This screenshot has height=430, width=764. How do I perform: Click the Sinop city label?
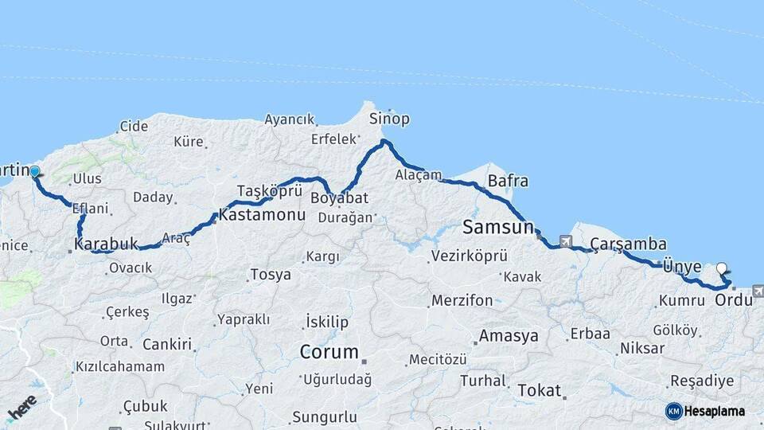[x=389, y=119]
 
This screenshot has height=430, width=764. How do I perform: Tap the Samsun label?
[x=498, y=227]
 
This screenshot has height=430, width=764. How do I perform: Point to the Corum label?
[x=329, y=351]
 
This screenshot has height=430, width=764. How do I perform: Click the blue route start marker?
[x=35, y=170]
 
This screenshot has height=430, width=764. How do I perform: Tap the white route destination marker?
[x=721, y=268]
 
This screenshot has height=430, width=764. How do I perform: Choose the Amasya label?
[x=509, y=336]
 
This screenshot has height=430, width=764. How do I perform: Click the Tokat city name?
[x=540, y=391]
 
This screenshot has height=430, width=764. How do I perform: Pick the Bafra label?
[x=508, y=181]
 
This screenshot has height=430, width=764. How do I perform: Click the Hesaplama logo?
[x=705, y=411]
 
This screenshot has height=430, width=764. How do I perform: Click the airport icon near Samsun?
[x=566, y=240]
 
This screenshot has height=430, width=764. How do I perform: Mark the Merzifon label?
[x=462, y=301]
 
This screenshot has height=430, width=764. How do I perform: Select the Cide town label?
[x=133, y=126]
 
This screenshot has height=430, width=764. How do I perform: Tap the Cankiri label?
[x=167, y=345]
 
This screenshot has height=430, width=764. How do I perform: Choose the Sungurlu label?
[x=324, y=416]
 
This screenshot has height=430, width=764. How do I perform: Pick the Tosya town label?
[x=271, y=275]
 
